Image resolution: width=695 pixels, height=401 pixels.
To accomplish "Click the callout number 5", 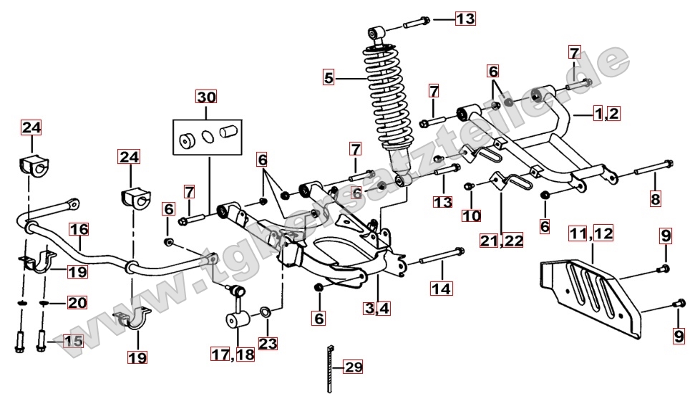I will (329, 77).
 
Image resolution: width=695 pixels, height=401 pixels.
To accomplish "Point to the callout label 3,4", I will (377, 309).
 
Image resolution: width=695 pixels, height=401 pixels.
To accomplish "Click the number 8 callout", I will (655, 198).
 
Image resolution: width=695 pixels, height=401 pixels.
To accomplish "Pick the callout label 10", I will (471, 216).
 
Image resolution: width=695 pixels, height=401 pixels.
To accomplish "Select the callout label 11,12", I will (591, 233).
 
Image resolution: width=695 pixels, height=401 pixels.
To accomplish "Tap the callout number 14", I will (441, 289).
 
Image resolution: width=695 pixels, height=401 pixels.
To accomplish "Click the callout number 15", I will (73, 341).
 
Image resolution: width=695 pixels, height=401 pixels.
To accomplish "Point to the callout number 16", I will (79, 230).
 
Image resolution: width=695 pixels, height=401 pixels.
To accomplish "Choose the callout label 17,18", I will (232, 353).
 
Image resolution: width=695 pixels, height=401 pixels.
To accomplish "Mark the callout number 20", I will (77, 303).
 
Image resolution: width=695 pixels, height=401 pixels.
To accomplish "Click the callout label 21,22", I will (502, 240).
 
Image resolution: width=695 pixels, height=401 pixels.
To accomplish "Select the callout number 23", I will (268, 343).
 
